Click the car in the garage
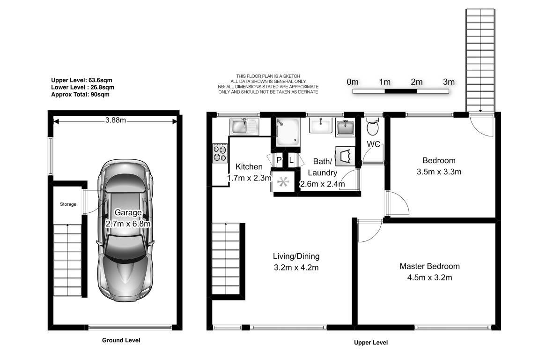click(x=126, y=231)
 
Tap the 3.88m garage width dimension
click(x=116, y=120)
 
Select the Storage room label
click(x=68, y=204)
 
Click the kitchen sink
click(x=244, y=126)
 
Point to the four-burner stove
click(x=221, y=153)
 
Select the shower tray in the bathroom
click(x=288, y=132)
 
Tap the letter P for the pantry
click(x=279, y=160)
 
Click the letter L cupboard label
click(x=291, y=160)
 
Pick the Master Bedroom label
click(x=429, y=266)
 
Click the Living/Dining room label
click(x=296, y=256)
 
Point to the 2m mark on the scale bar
click(x=417, y=82)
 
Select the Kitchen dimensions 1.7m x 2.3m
click(x=249, y=178)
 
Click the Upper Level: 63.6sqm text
click(x=81, y=80)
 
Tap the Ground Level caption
click(x=121, y=340)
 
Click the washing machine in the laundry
click(x=345, y=157)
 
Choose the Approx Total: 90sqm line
click(x=80, y=94)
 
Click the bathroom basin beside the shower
click(x=320, y=125)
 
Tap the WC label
click(x=373, y=144)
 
